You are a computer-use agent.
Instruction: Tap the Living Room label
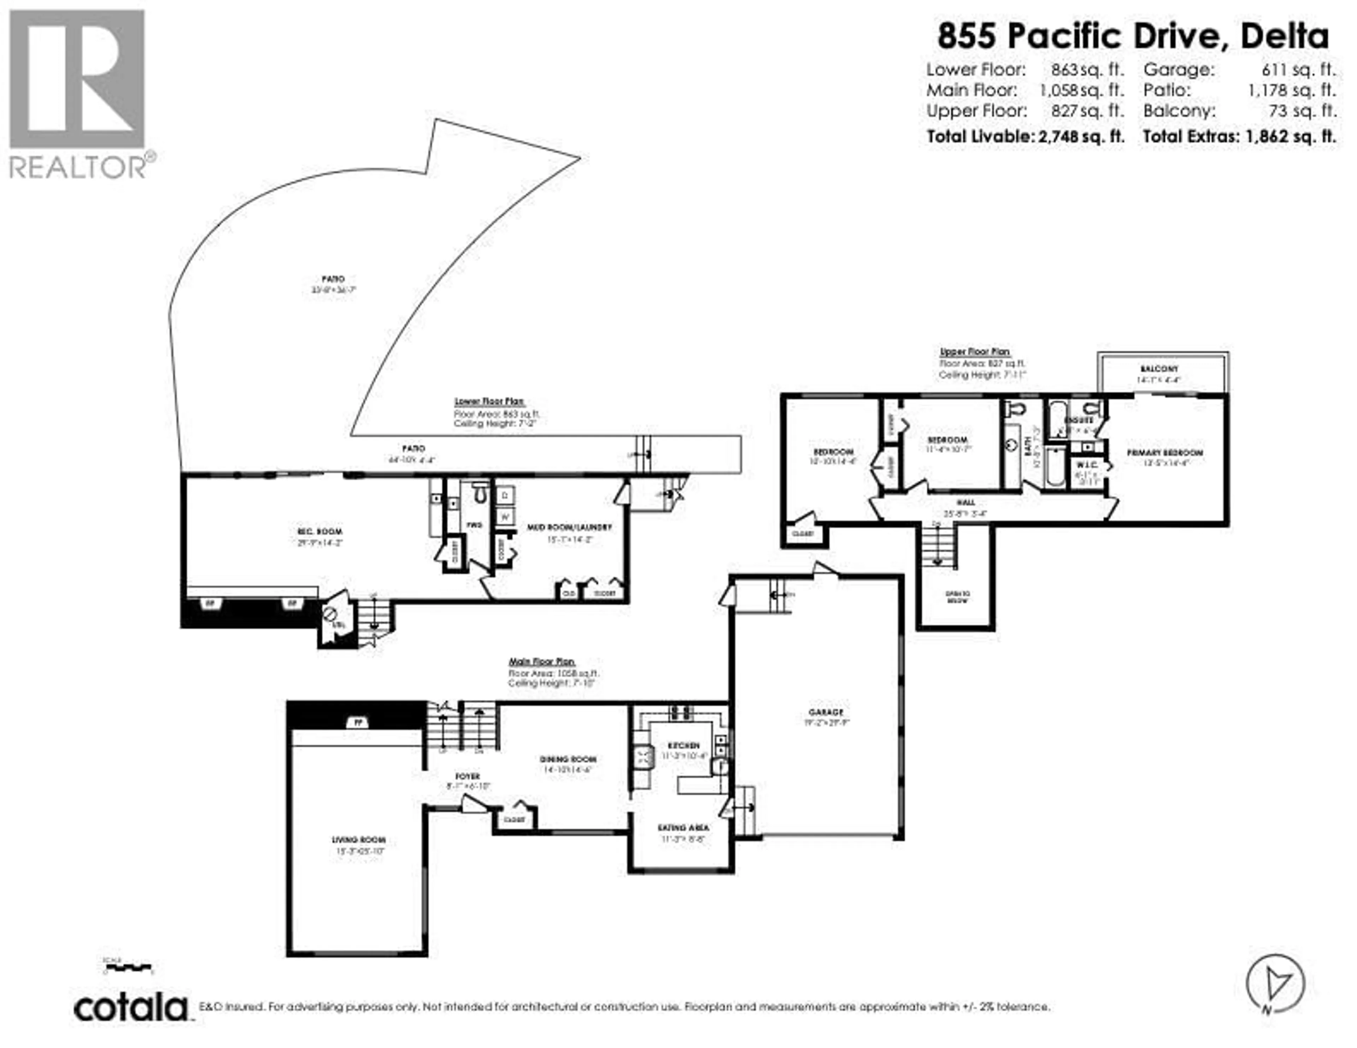(x=359, y=840)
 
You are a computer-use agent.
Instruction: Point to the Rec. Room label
(x=319, y=532)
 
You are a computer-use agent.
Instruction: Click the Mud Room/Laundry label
(x=569, y=527)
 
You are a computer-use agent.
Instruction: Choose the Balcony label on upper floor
(x=1158, y=369)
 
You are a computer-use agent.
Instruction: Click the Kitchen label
(x=683, y=745)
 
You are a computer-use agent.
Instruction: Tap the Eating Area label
(x=683, y=828)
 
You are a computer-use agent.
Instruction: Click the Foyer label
(x=467, y=776)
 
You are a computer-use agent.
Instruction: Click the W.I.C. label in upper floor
(x=1086, y=465)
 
